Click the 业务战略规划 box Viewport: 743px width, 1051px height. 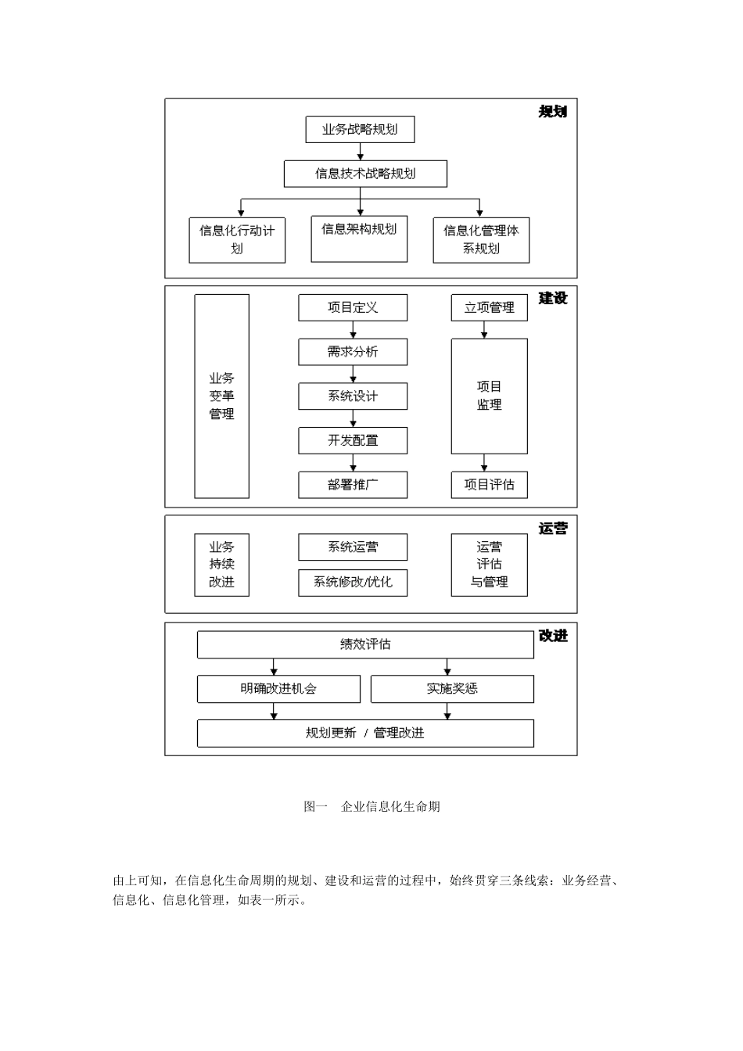[x=360, y=130]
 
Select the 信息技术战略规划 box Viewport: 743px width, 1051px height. [x=365, y=174]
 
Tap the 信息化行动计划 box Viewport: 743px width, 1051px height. [x=237, y=239]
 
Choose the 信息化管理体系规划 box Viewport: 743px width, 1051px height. [x=481, y=239]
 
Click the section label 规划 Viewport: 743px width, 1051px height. [x=552, y=112]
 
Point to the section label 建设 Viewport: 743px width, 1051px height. [x=552, y=299]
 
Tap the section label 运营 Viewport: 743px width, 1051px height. [x=552, y=529]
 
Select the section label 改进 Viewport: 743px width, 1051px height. [x=552, y=637]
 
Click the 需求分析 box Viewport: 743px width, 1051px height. [x=353, y=352]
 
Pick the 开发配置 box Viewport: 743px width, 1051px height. [x=353, y=440]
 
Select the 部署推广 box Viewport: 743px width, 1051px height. [x=353, y=485]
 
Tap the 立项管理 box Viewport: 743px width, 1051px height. [x=489, y=307]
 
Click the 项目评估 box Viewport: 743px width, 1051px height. [x=489, y=485]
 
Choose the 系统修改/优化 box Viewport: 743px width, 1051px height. [x=353, y=583]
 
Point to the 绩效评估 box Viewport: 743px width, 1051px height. [x=365, y=644]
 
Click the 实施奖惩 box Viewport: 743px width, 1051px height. [x=452, y=689]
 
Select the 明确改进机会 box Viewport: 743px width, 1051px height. [x=278, y=689]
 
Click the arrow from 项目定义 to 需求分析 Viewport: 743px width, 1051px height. [x=353, y=330]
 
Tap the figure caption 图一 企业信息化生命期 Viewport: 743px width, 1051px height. [x=371, y=806]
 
